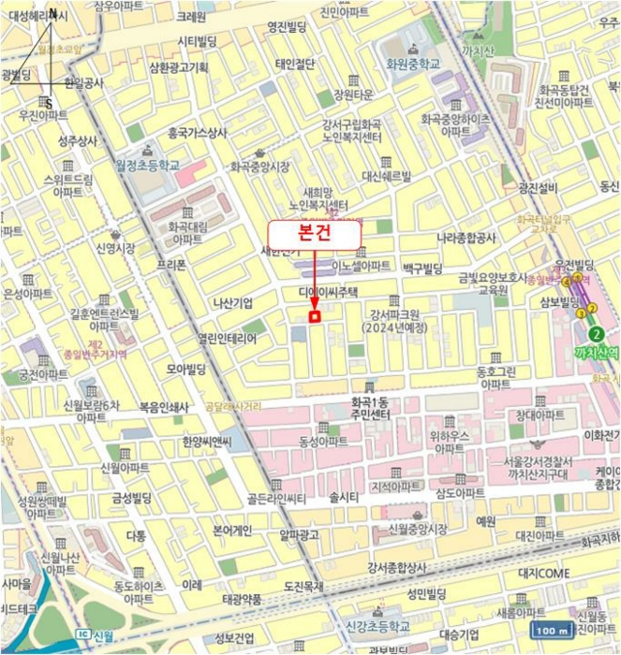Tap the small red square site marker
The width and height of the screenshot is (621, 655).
315,317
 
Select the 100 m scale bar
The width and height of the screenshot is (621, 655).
554,631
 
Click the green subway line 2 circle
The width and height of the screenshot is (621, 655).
594,334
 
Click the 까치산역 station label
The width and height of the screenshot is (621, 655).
596,352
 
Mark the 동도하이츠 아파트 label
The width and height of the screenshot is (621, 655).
138,592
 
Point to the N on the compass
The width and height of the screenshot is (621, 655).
53,14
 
